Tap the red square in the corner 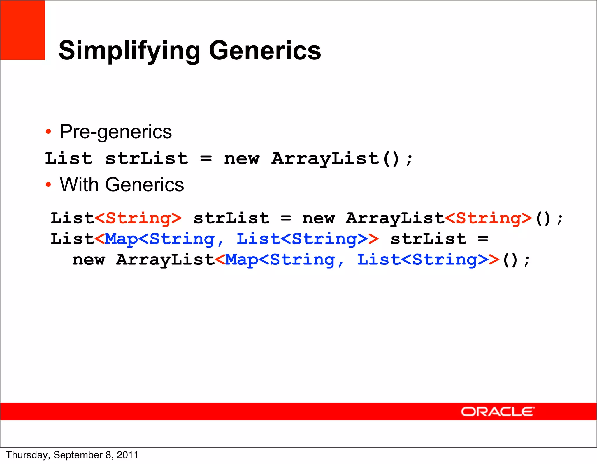(22, 30)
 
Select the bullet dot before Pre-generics (48, 132)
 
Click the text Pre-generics (116, 132)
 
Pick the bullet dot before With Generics (48, 185)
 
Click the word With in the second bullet (79, 185)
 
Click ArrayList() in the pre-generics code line (335, 159)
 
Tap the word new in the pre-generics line (241, 159)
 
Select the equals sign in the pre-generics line (206, 159)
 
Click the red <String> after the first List (138, 218)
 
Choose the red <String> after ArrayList (489, 218)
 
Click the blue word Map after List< (121, 239)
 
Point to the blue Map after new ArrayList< (241, 260)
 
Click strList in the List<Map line (429, 239)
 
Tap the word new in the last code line (89, 260)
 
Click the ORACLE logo (497, 412)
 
